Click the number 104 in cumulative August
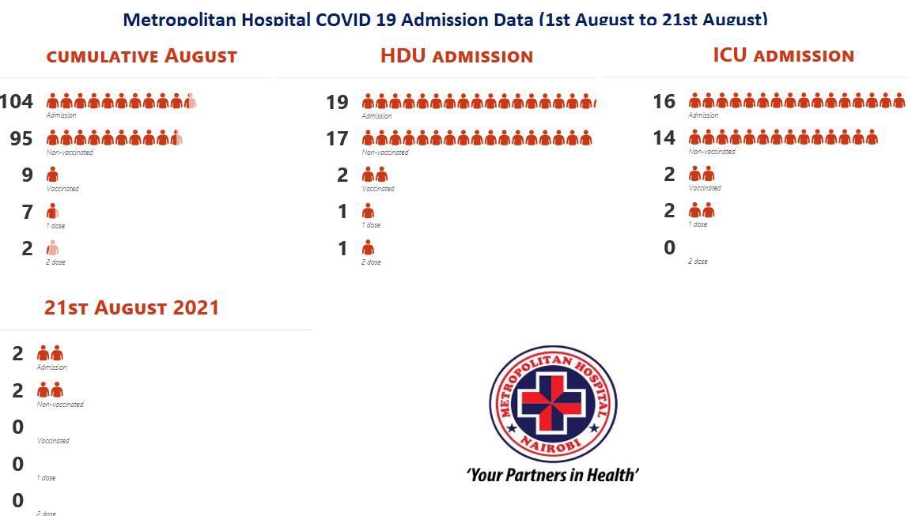(x=17, y=101)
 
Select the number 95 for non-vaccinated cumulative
(x=21, y=138)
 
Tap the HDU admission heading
(x=456, y=56)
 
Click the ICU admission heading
(x=783, y=55)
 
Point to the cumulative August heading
(x=142, y=56)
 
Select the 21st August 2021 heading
(x=131, y=307)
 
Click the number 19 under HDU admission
(x=337, y=102)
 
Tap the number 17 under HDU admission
(x=337, y=139)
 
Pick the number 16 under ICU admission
(x=664, y=101)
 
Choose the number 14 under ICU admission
(x=664, y=138)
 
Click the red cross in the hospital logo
(x=553, y=403)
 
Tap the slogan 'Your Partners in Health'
(x=552, y=475)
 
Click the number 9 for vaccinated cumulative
(x=28, y=175)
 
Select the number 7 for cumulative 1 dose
(x=28, y=212)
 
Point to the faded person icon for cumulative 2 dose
(x=52, y=248)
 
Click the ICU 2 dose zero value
(x=669, y=248)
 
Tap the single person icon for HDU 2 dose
(x=368, y=248)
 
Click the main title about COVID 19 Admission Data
(x=445, y=19)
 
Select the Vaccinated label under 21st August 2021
(x=53, y=441)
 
